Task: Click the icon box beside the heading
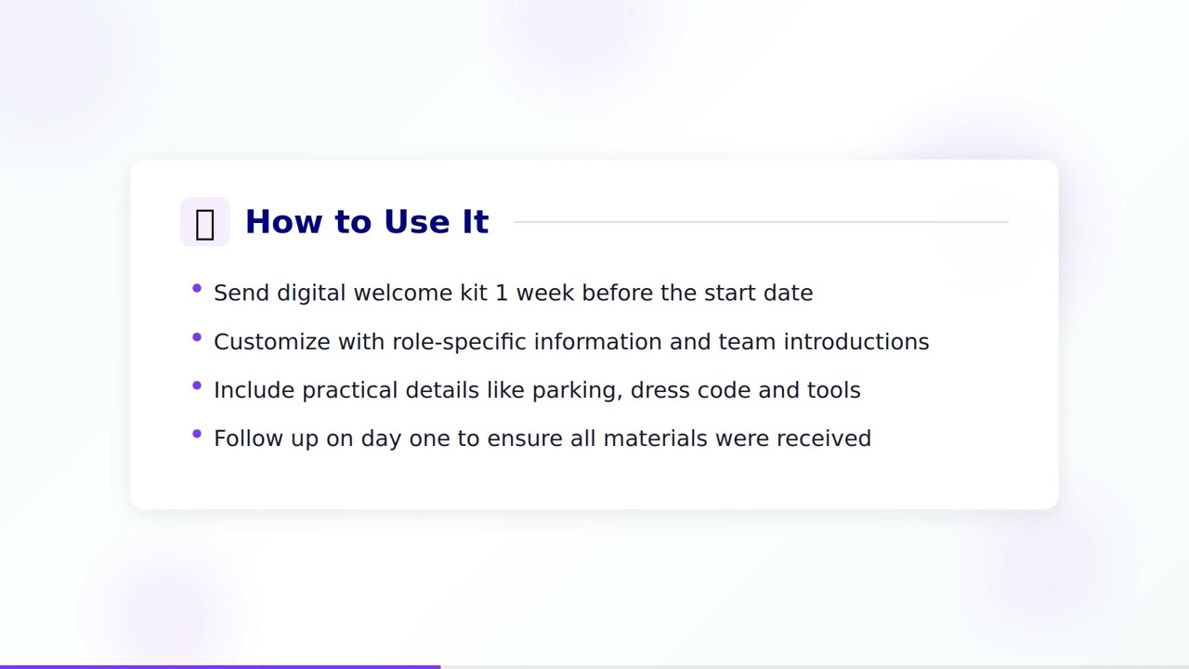(x=204, y=222)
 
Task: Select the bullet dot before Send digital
(x=197, y=289)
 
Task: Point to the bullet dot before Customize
(x=197, y=337)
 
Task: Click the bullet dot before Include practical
(x=197, y=386)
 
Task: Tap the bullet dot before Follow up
(x=197, y=434)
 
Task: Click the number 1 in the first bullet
(x=502, y=293)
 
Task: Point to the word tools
(x=833, y=390)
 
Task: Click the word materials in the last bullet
(x=655, y=439)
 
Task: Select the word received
(x=823, y=439)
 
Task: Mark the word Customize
(x=272, y=342)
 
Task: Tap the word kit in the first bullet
(x=474, y=293)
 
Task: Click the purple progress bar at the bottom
(x=220, y=666)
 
